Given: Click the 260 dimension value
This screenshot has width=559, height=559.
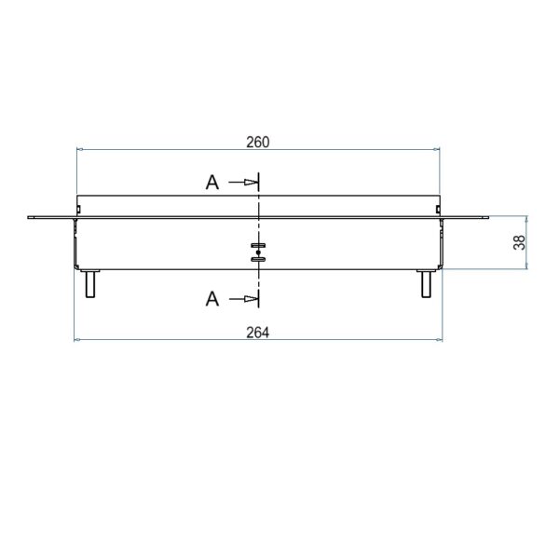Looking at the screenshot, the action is coord(258,143).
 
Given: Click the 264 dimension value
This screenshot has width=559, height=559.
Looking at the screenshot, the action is coord(258,333).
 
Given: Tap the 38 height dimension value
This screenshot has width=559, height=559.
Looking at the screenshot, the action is coord(520,242).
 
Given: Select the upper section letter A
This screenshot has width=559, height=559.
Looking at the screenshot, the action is coord(212,183).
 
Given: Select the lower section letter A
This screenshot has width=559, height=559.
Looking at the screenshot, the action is coord(212,299).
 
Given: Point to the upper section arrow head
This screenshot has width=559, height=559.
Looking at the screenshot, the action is coord(251,183).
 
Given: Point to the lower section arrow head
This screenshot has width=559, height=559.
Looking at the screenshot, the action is coord(251,298).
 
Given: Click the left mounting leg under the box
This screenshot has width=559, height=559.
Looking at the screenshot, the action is coord(90,284).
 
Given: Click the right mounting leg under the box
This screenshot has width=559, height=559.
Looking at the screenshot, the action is coord(426,284).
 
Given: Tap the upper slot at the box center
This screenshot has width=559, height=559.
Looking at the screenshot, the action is coord(258,245).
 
